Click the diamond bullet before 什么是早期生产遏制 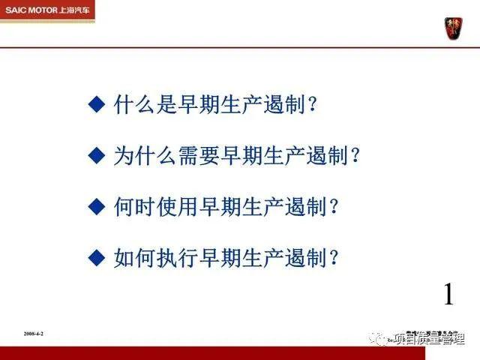click(x=95, y=104)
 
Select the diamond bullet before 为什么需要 click(x=95, y=155)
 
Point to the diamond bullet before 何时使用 click(x=95, y=206)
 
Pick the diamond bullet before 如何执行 click(x=95, y=257)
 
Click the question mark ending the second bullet click(x=355, y=155)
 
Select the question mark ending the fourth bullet click(x=334, y=257)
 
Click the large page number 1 click(x=448, y=295)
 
